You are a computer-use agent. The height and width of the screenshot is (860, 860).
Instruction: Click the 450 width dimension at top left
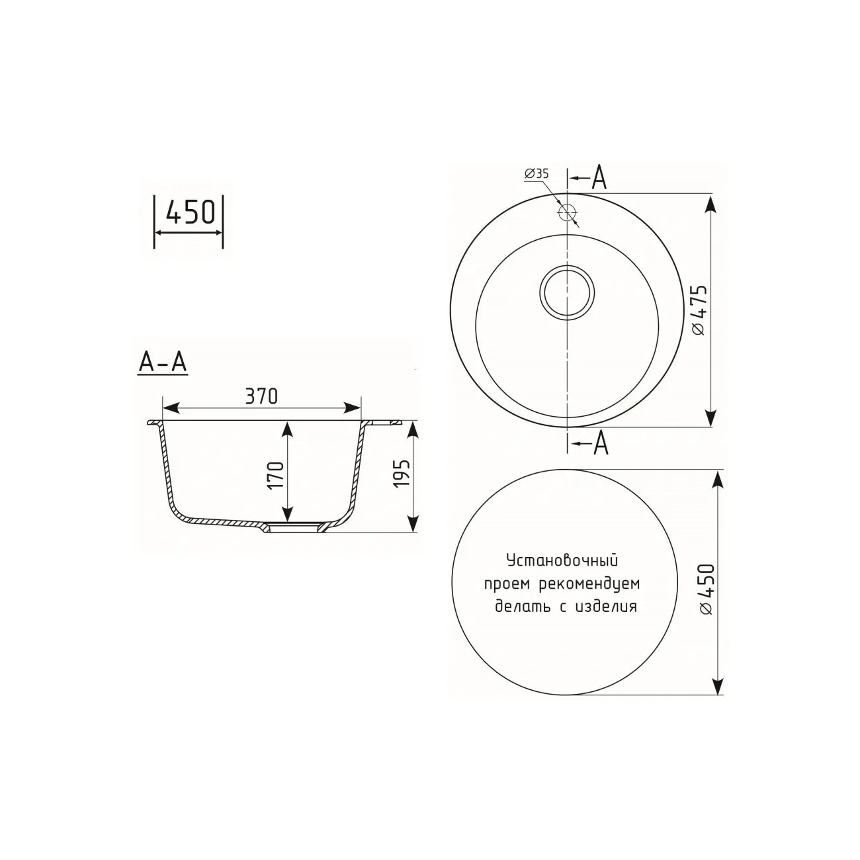(190, 212)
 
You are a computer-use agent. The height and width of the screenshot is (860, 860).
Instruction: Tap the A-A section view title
(162, 363)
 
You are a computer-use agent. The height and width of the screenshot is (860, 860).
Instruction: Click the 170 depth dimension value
(276, 474)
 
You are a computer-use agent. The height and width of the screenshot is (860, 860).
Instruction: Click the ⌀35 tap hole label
(537, 174)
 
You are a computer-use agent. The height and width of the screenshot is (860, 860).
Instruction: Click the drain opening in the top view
(568, 293)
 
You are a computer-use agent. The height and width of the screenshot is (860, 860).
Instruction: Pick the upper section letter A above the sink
(599, 179)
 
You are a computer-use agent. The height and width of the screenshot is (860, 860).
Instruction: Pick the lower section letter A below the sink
(600, 443)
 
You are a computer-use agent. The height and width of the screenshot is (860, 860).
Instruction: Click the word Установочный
(562, 562)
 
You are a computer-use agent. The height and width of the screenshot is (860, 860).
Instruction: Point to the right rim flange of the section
(384, 421)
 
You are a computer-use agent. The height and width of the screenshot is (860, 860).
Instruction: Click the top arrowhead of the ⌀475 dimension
(711, 202)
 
